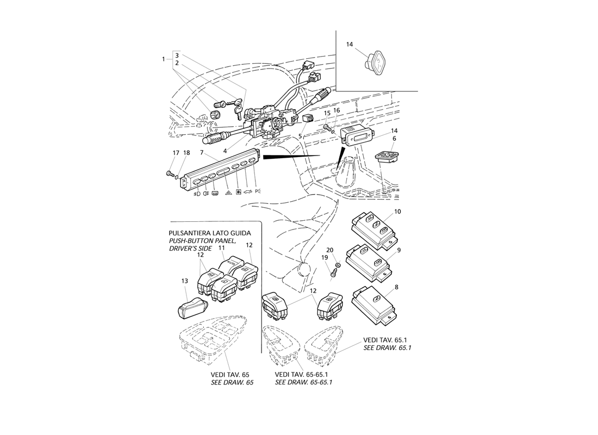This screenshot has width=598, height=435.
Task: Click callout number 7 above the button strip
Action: coord(201,153)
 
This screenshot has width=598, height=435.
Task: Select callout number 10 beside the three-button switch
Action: coord(397,212)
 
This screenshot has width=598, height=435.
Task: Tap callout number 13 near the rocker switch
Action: coord(185,281)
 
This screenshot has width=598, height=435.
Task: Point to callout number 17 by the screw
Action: coord(176,153)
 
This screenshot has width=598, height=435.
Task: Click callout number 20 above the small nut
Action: coord(330,250)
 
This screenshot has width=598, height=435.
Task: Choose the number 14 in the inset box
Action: coord(350,45)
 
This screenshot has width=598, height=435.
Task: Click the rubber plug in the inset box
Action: coord(372,63)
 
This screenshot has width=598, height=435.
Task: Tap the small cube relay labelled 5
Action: coord(308,119)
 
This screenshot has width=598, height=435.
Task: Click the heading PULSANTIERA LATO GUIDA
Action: coord(210,233)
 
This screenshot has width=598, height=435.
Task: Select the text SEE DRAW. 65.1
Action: coord(387,347)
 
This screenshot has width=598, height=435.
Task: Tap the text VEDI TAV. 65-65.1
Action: coord(303,374)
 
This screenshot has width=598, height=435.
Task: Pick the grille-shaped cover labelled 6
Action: coord(387,157)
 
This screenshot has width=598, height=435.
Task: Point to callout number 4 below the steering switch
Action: coord(225,151)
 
